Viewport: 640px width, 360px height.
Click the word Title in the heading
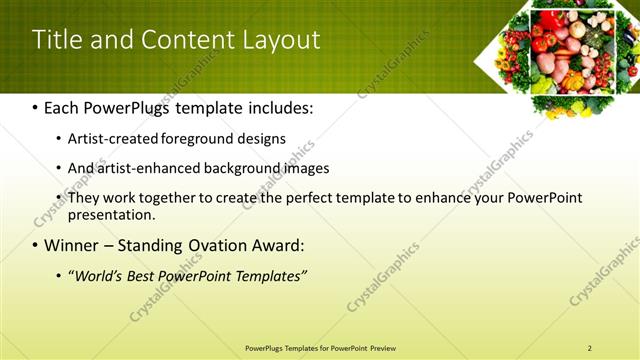pos(56,40)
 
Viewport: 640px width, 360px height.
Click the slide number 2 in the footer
pos(589,348)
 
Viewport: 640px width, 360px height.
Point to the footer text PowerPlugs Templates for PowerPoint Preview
pos(320,348)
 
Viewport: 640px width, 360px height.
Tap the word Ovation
pos(221,246)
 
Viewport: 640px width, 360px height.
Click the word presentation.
pos(110,214)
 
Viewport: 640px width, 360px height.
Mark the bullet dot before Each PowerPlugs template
pos(36,108)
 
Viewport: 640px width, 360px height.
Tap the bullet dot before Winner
pos(36,246)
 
